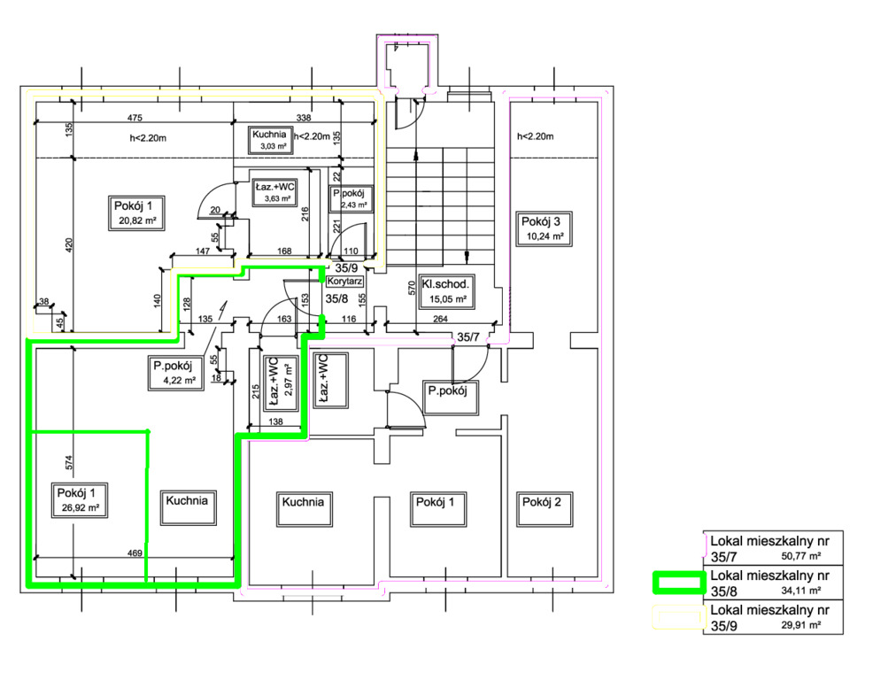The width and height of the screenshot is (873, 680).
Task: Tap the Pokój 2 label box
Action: (x=541, y=502)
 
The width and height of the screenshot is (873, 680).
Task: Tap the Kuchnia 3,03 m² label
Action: (x=267, y=139)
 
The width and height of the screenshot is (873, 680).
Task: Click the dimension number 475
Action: (x=135, y=118)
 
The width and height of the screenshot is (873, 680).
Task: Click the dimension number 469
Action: (x=135, y=553)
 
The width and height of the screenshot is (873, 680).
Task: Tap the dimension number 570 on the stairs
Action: (x=412, y=289)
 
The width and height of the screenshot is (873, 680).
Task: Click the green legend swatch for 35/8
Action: (x=677, y=583)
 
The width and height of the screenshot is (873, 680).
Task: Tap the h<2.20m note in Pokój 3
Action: (x=535, y=136)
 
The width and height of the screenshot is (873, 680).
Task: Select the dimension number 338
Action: (x=303, y=118)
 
